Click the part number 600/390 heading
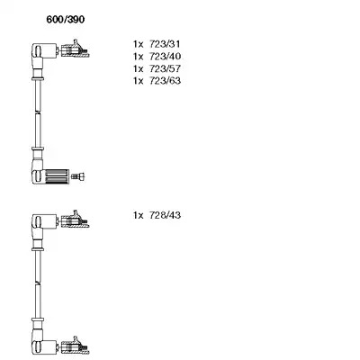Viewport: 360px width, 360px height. (66, 20)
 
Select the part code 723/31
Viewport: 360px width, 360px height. (165, 44)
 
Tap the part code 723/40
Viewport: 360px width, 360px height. (165, 56)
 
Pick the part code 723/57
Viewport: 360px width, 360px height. (165, 68)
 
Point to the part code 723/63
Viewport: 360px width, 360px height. (165, 80)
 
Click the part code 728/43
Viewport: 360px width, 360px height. (165, 215)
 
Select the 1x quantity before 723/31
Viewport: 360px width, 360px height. (139, 44)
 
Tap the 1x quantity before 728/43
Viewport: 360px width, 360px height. (139, 215)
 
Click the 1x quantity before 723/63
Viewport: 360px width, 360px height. (139, 80)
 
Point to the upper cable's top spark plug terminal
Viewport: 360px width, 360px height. (75, 49)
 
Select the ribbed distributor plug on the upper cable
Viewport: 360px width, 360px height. (57, 176)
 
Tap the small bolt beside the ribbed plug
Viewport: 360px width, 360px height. (78, 177)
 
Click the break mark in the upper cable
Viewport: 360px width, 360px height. (38, 112)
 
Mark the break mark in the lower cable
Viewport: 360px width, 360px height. (38, 283)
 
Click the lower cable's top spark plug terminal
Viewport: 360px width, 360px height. (75, 220)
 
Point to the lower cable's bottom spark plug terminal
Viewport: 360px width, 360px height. (75, 346)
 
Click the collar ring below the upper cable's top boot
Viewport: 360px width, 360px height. (38, 79)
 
